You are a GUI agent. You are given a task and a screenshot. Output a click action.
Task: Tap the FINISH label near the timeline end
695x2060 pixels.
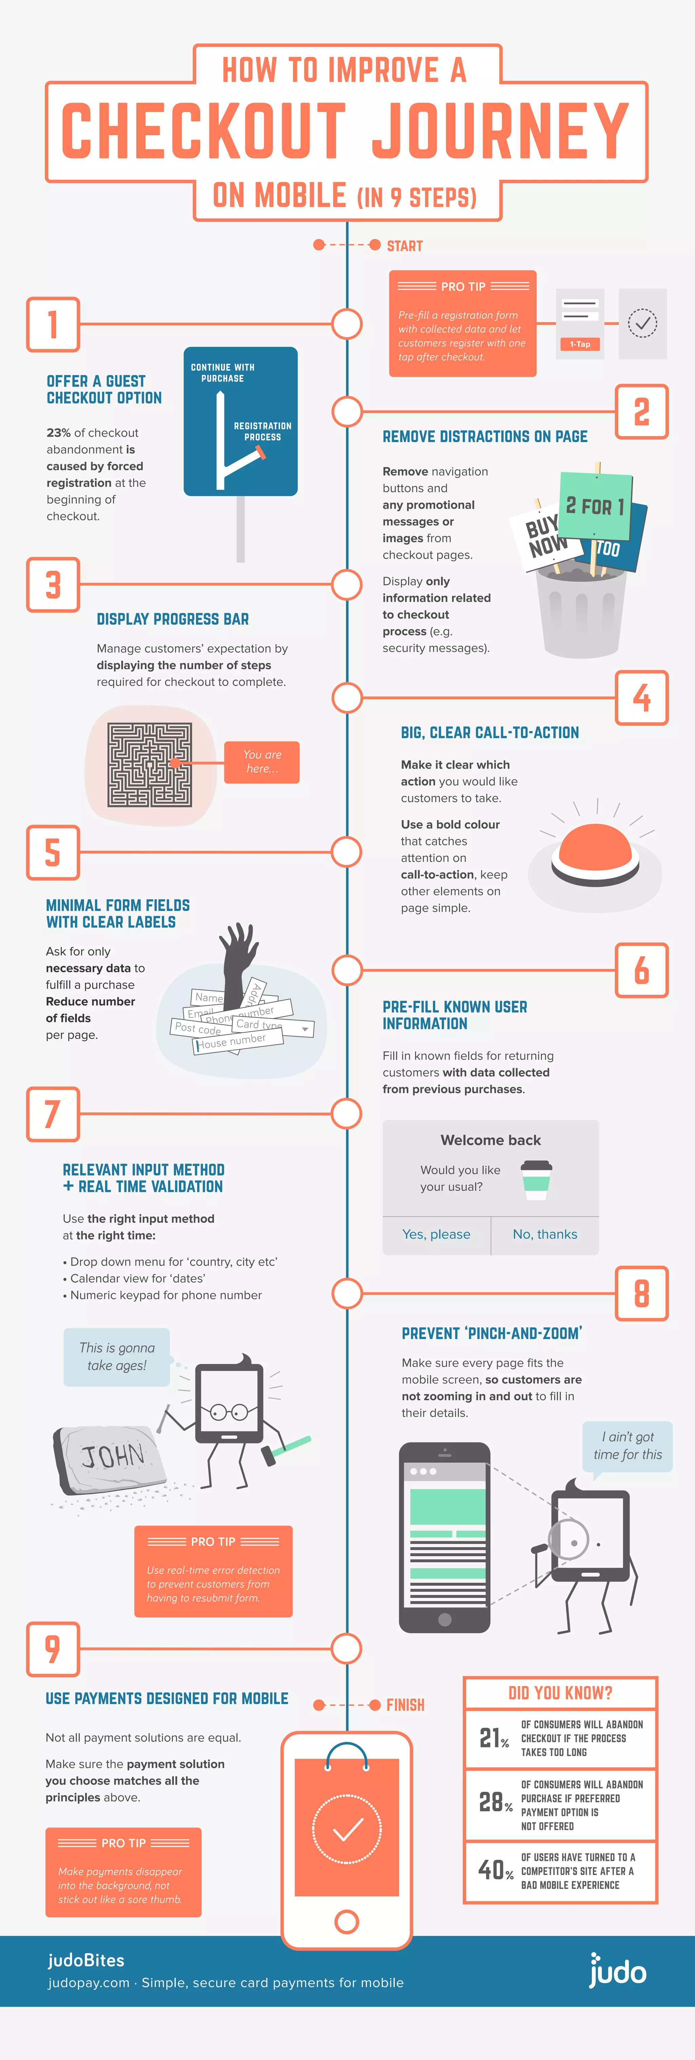tap(405, 1705)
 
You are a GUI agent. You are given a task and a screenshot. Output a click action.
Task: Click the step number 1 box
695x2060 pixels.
tap(53, 325)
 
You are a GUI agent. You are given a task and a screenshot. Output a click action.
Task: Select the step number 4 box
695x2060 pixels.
tap(641, 697)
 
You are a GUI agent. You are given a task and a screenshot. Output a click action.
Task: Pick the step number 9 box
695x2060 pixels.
tap(53, 1649)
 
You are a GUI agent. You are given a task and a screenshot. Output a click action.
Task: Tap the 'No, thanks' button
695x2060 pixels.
tap(545, 1234)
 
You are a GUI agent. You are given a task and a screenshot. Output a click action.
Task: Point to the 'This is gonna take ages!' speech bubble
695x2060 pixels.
tap(117, 1356)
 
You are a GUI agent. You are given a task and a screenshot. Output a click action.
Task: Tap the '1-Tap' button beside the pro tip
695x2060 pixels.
tap(580, 344)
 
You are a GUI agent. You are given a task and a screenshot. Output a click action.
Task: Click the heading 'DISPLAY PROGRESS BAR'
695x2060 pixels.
tap(173, 619)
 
